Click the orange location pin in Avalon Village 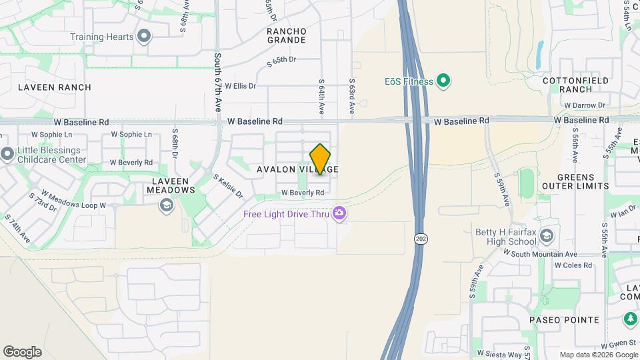click(320, 159)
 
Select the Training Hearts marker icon click(143, 37)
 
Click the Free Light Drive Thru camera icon click(340, 213)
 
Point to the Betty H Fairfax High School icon click(547, 235)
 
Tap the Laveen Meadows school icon click(165, 205)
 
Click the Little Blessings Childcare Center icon click(7, 154)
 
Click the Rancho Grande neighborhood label click(287, 35)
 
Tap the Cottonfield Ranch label click(567, 84)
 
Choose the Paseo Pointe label click(564, 320)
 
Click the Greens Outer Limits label click(575, 181)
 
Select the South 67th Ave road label click(217, 82)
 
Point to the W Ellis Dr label click(240, 86)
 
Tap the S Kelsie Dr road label click(228, 187)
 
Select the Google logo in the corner click(22, 352)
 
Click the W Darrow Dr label click(584, 105)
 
